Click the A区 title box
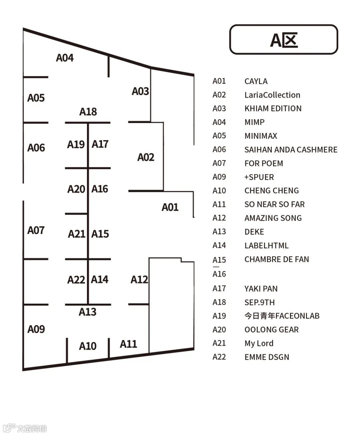[x=284, y=40]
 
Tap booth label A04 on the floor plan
[x=65, y=58]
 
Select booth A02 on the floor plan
[x=146, y=157]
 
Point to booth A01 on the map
[x=170, y=207]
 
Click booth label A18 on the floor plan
[x=88, y=112]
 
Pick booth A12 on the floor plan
[x=139, y=279]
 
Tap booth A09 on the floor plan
[x=36, y=329]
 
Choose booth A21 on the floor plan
[x=77, y=234]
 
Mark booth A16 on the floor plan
[x=100, y=189]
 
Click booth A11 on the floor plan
[x=128, y=344]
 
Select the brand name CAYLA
[x=256, y=81]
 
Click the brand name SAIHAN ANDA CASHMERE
[x=291, y=150]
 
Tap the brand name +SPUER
[x=259, y=177]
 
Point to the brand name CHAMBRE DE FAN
[x=277, y=259]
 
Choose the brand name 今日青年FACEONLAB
[x=282, y=316]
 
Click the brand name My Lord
[x=259, y=343]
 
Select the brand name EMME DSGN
[x=267, y=357]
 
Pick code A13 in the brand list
[x=219, y=232]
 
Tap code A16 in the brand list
[x=219, y=274]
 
